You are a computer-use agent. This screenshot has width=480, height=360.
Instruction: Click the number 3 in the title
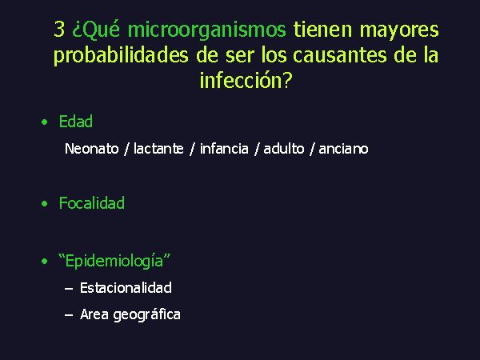[59, 30]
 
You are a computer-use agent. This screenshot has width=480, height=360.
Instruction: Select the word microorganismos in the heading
[206, 30]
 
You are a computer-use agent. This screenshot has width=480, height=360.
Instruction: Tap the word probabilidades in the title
[121, 55]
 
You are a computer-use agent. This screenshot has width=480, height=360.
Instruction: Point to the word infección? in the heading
[246, 80]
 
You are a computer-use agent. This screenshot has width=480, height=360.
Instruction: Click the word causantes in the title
[340, 55]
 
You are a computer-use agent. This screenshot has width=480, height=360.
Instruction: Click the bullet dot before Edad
[45, 122]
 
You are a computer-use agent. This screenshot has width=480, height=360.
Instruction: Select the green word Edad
[76, 122]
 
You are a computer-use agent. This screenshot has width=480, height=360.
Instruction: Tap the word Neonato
[91, 149]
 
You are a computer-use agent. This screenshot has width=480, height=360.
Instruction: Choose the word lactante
[158, 149]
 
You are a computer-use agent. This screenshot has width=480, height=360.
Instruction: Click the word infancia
[224, 149]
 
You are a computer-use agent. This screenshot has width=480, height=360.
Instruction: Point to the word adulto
[284, 149]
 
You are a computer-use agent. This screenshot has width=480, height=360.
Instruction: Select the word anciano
[343, 149]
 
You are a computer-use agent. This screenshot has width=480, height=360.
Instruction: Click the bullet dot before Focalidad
[45, 203]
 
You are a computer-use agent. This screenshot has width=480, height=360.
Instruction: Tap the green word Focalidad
[92, 202]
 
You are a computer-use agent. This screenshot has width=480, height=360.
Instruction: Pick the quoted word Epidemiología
[114, 261]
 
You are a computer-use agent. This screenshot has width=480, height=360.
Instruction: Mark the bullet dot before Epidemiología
[45, 261]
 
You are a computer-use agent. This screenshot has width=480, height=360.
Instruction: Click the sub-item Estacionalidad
[126, 288]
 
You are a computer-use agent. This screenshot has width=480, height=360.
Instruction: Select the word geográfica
[147, 314]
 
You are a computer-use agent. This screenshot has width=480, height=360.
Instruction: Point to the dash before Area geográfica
[69, 315]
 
